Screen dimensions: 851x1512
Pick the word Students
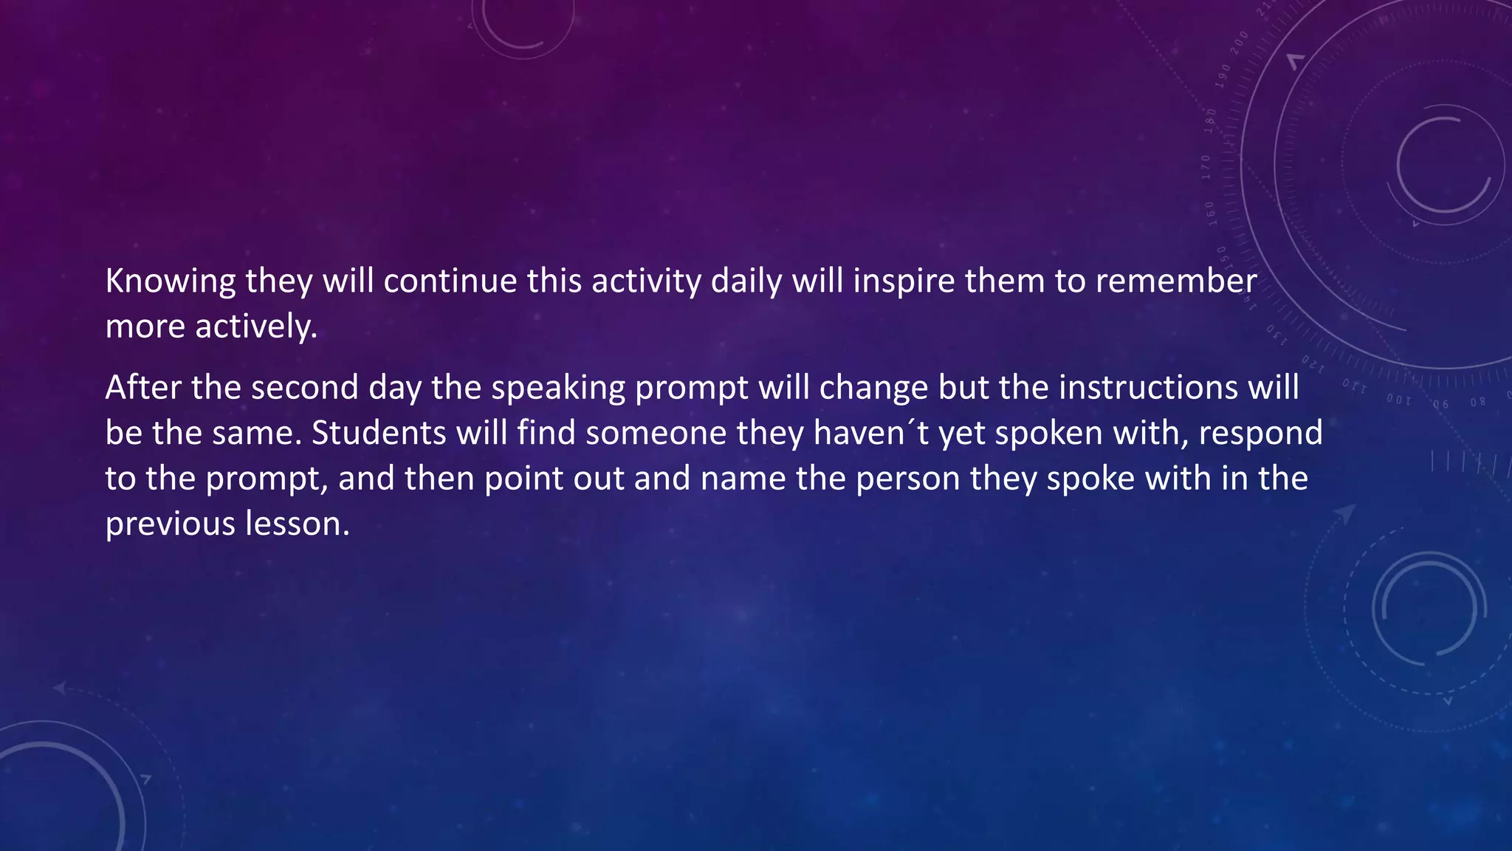point(379,433)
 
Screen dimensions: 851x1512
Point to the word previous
point(170,524)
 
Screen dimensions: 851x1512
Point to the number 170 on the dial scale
point(1206,168)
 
